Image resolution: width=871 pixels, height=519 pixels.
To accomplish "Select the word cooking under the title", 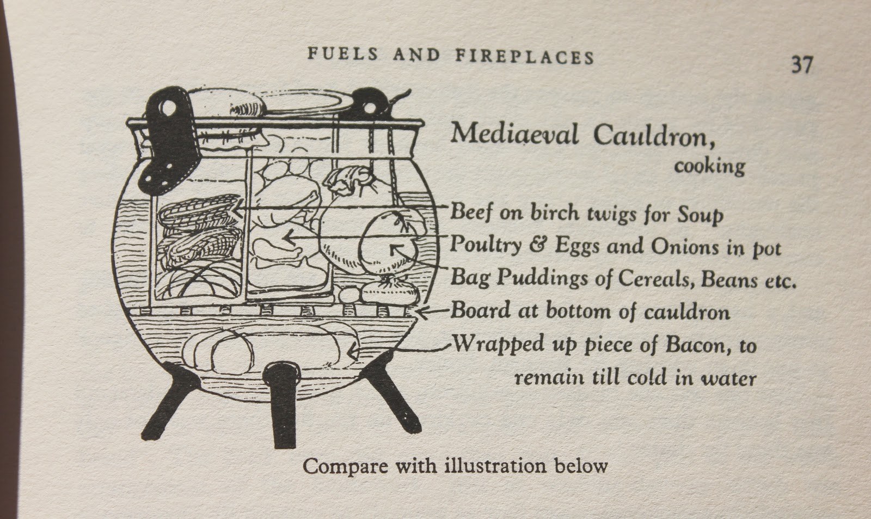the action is pos(709,165).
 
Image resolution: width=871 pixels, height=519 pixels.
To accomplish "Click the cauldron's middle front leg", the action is pos(281,403).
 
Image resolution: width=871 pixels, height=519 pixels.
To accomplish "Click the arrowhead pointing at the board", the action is pos(421,312).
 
